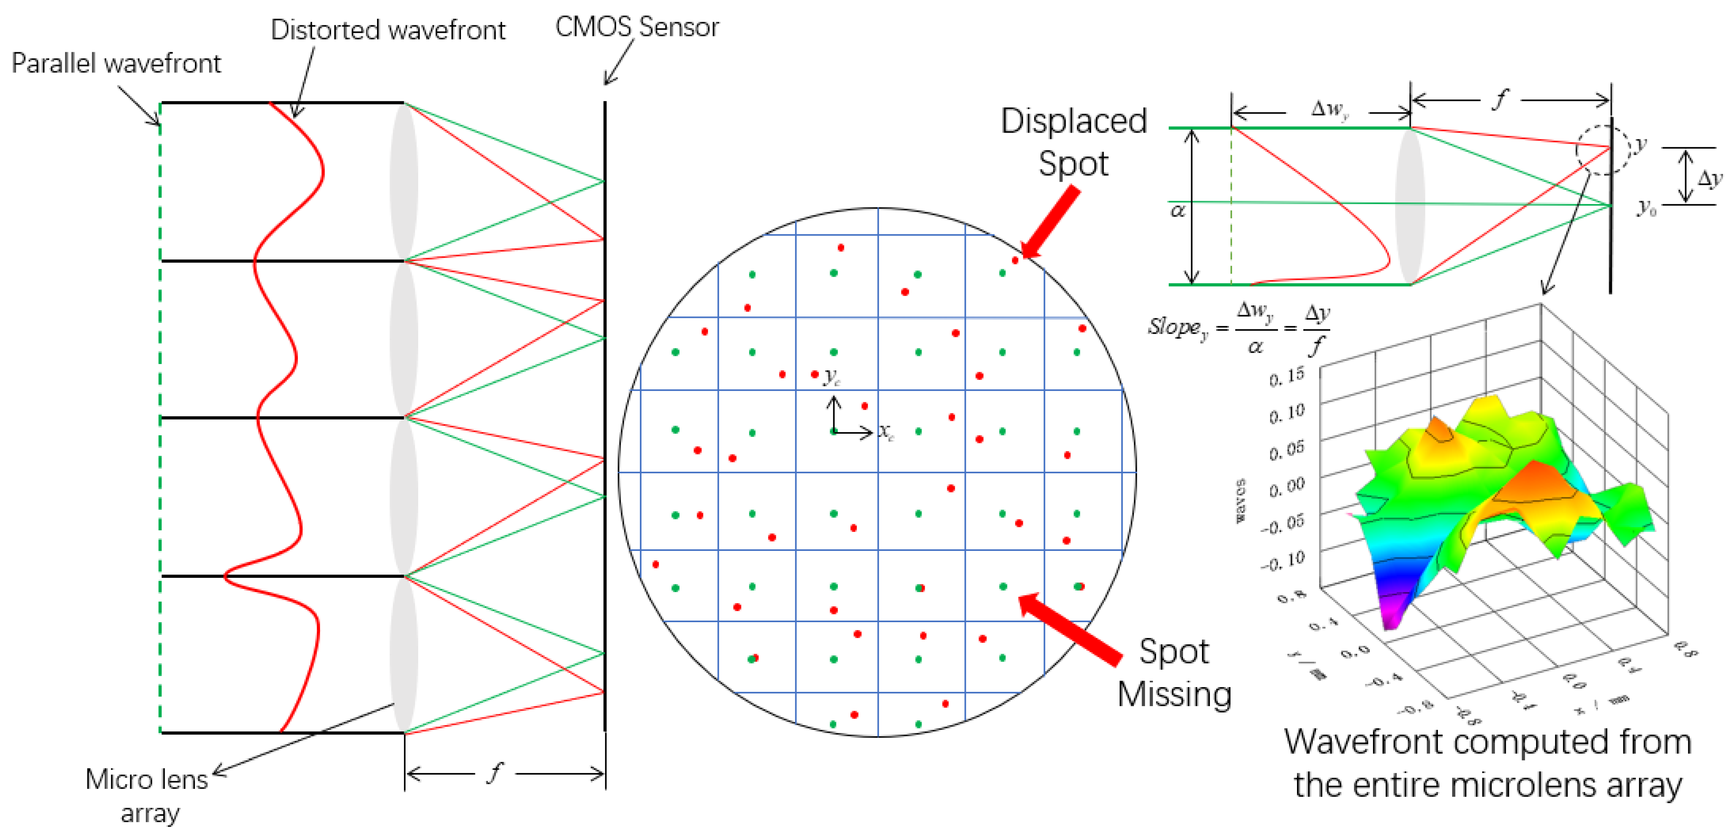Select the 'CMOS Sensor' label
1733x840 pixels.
[x=636, y=27]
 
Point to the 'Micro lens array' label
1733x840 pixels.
[x=147, y=796]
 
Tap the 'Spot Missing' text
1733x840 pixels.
[x=1174, y=672]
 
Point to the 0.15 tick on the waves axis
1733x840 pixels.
[x=1286, y=377]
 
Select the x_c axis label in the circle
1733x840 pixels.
[x=886, y=432]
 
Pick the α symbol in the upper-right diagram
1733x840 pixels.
[x=1177, y=211]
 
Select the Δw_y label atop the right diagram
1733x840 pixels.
[x=1329, y=109]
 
